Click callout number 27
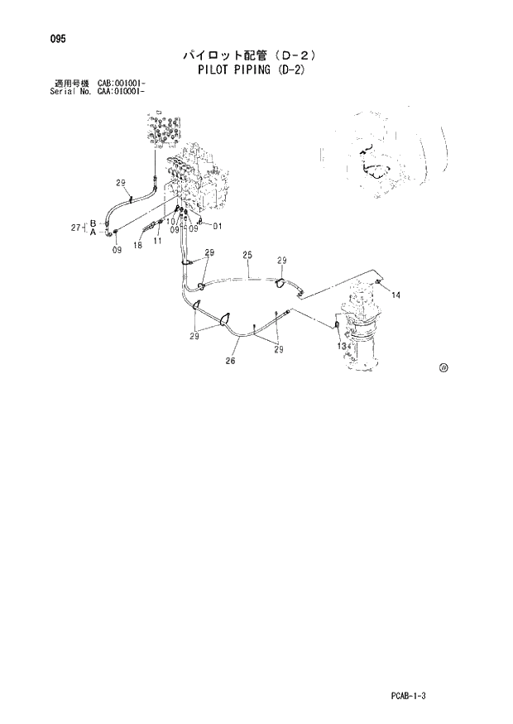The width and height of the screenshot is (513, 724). [x=76, y=227]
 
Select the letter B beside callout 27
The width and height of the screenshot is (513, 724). [x=93, y=223]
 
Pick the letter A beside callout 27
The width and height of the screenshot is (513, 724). [x=93, y=233]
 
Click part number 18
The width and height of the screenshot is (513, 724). [x=137, y=246]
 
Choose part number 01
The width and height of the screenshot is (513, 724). [x=218, y=226]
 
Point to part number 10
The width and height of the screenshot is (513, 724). [x=169, y=221]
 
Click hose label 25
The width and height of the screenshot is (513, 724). [x=247, y=255]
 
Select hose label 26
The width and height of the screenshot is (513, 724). [x=231, y=361]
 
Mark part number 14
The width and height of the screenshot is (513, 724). [x=396, y=295]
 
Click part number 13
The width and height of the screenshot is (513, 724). [x=341, y=347]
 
